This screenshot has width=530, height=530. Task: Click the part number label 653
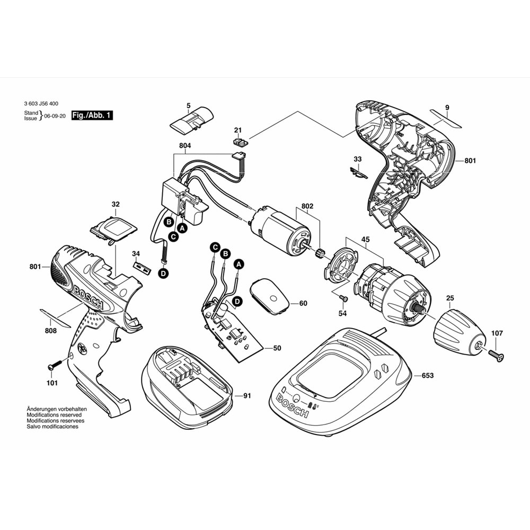click(427, 376)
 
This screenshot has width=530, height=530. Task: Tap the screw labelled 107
click(497, 354)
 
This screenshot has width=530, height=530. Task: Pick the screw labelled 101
click(55, 366)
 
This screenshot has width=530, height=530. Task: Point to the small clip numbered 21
click(241, 142)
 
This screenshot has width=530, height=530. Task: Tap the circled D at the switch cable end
click(163, 273)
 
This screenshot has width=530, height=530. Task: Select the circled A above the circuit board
click(238, 263)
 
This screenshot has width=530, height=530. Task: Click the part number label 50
click(277, 348)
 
